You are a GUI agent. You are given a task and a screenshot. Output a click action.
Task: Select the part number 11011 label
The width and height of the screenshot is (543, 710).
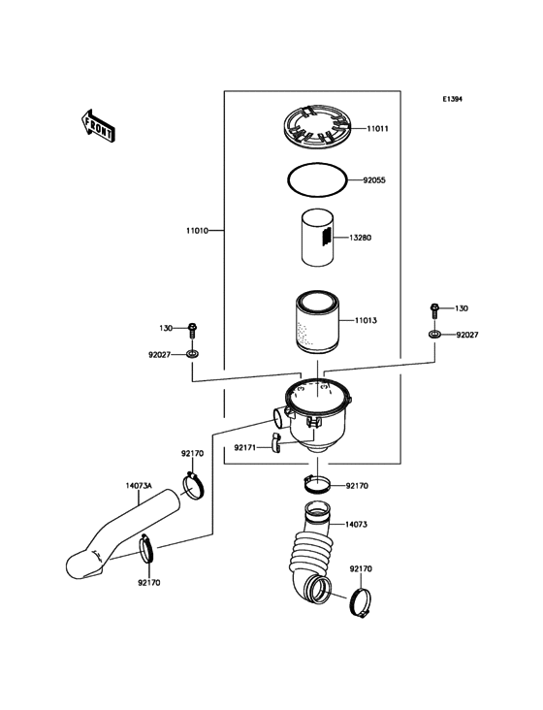pos(377,128)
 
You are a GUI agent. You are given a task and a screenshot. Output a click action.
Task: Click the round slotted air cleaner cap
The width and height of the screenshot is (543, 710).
pos(317,128)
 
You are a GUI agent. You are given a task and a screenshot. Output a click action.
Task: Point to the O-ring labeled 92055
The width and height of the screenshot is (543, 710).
pos(317,178)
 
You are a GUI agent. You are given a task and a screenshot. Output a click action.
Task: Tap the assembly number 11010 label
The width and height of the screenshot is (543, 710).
pos(199,231)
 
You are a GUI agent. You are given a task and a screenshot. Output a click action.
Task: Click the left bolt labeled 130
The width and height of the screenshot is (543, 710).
pos(193,329)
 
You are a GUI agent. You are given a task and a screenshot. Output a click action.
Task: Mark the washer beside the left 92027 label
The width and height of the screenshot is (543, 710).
pos(193,356)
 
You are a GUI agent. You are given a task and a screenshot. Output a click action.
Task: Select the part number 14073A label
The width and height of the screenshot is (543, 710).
pos(139,486)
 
